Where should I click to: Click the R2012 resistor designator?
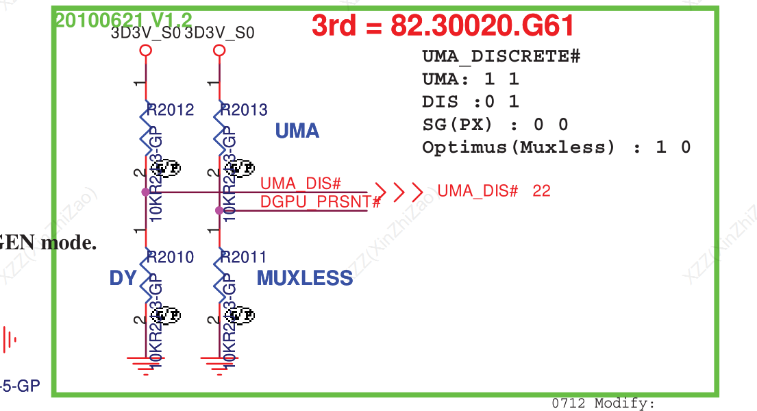tap(171, 110)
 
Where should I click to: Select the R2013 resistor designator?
tap(245, 110)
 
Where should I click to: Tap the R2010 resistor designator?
tap(171, 258)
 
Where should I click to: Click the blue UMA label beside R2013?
tap(297, 131)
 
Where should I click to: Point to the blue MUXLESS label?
tap(305, 278)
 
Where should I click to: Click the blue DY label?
tap(123, 278)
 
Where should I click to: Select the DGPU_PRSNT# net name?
tap(320, 201)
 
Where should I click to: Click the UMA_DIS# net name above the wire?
tap(301, 184)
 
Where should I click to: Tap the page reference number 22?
tap(541, 191)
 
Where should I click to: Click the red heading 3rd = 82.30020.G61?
tap(443, 26)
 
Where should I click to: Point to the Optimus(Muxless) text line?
tap(556, 147)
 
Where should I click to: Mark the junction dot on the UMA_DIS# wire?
tap(145, 192)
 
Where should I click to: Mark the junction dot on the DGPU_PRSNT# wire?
tap(219, 210)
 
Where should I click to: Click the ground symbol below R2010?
tap(145, 363)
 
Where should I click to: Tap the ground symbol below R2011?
tap(219, 363)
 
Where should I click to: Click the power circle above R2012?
tap(145, 51)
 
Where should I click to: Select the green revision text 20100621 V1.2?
tap(123, 20)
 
